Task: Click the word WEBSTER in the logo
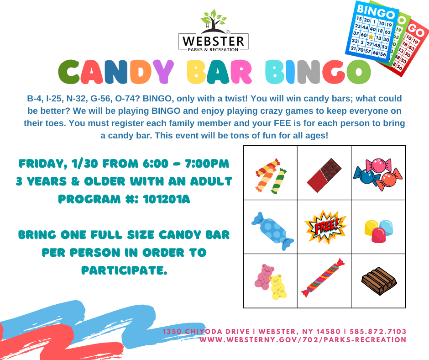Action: (x=213, y=41)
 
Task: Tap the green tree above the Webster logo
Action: (x=214, y=20)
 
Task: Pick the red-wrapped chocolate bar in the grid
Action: (x=324, y=175)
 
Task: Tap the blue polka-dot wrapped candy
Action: (x=272, y=231)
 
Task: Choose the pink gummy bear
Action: (x=263, y=277)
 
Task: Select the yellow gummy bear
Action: (x=278, y=287)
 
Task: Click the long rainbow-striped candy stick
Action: (x=323, y=277)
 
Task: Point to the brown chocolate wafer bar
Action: (x=379, y=281)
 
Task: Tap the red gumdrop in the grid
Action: (x=379, y=235)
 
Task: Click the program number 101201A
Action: (x=166, y=199)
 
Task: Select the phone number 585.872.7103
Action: (x=378, y=332)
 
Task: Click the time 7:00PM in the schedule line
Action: (x=207, y=164)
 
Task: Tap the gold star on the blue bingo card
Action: (x=371, y=37)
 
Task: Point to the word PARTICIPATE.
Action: (x=124, y=270)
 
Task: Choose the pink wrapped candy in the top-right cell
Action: (x=378, y=165)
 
